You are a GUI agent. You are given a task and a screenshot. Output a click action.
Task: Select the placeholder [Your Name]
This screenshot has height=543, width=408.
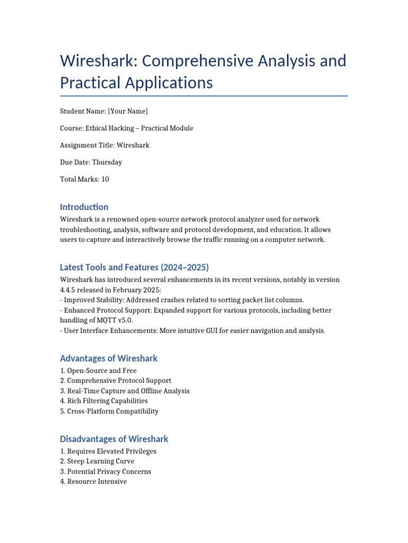[127, 111]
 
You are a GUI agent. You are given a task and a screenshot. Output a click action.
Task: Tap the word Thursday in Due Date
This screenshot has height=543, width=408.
[107, 162]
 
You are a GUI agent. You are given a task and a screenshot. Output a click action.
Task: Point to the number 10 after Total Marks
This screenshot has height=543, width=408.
[105, 179]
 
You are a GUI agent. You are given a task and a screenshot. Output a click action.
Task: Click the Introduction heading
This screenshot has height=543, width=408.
[84, 207]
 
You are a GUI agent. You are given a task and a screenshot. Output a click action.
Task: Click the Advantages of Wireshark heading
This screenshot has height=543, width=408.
[108, 358]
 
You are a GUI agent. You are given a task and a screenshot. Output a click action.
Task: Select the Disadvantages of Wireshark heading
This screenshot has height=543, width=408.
[114, 439]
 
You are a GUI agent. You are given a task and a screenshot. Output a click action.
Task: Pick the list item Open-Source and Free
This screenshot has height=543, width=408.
[101, 371]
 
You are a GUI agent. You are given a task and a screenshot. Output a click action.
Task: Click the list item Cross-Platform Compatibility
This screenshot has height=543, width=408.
[113, 411]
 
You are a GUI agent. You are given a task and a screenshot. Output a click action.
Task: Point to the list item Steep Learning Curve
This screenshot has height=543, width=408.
[100, 461]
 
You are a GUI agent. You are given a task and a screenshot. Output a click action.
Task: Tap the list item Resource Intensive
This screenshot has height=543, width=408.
[97, 481]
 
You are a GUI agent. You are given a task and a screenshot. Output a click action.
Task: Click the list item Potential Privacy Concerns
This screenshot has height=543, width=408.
[109, 471]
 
